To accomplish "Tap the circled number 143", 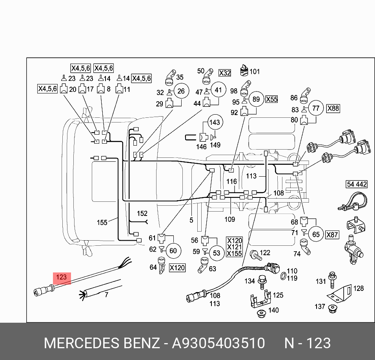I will [215, 122].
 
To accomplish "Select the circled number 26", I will [181, 92].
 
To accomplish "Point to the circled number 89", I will [256, 99].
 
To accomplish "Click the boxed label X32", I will [225, 73].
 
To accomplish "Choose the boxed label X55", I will [271, 99].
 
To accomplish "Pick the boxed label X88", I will [333, 108].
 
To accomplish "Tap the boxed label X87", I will [332, 235].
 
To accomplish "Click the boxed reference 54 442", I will [357, 184].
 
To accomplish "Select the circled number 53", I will [217, 253].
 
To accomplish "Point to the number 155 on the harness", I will [102, 223].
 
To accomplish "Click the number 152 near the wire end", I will [142, 214].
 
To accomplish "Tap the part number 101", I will [255, 71].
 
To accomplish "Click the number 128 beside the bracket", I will [359, 288].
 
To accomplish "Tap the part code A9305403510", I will [218, 343].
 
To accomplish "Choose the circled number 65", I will [316, 235].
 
